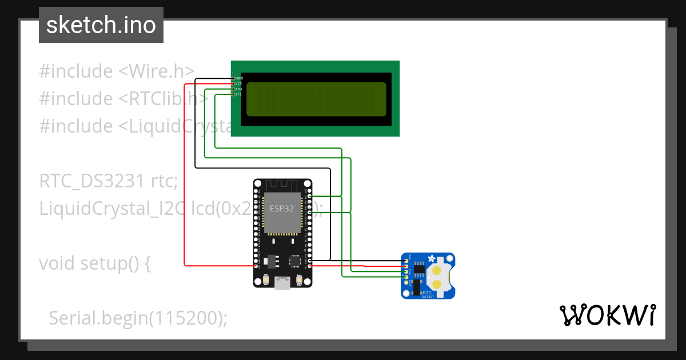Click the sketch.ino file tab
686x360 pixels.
click(x=101, y=25)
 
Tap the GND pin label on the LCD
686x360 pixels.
click(x=239, y=78)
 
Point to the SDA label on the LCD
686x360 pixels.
click(x=238, y=89)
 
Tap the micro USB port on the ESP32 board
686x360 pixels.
click(x=282, y=282)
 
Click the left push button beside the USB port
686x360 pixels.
click(x=266, y=280)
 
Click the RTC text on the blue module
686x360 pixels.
click(x=427, y=291)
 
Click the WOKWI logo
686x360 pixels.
click(x=607, y=315)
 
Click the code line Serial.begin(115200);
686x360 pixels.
click(x=137, y=318)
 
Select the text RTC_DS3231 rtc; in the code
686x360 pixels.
click(x=109, y=181)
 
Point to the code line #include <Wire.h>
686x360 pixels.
click(x=117, y=71)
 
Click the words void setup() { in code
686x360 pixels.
click(x=94, y=263)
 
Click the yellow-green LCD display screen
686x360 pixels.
click(x=316, y=99)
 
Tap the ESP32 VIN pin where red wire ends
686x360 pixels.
click(x=256, y=266)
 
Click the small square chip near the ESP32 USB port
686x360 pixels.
click(x=296, y=261)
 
